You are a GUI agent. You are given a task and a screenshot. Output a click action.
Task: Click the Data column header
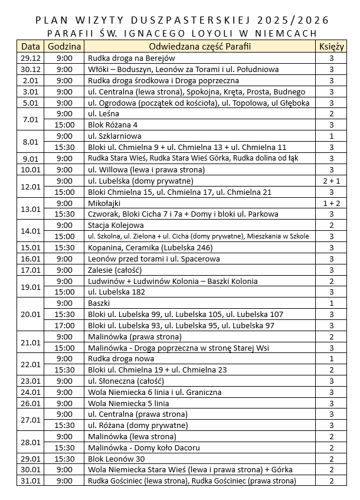(x=31, y=47)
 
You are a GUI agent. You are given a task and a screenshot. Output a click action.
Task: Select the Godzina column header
(x=65, y=47)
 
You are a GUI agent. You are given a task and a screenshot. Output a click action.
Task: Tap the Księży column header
(x=332, y=47)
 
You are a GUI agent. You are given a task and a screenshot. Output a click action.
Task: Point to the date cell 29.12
(x=31, y=58)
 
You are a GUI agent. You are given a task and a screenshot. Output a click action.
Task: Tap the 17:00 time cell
(x=65, y=325)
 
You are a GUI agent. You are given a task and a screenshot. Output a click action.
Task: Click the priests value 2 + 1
(x=332, y=181)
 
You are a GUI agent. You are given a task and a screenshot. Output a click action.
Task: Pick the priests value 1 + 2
(x=332, y=203)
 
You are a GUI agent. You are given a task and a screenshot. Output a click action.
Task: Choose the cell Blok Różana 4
(x=113, y=125)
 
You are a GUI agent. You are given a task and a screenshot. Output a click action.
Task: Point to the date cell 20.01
(x=31, y=314)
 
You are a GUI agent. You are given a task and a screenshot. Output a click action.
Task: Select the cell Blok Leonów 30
(x=117, y=459)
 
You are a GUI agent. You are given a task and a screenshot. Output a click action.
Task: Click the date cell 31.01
(x=31, y=481)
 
